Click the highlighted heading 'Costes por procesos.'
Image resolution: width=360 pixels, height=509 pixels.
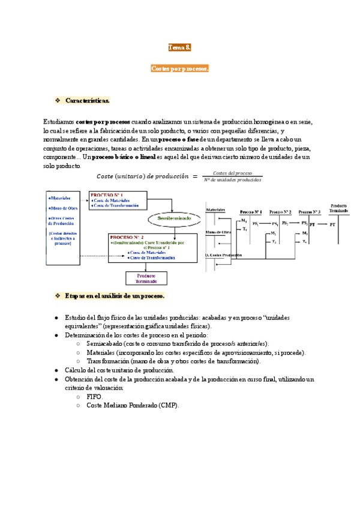click(179, 70)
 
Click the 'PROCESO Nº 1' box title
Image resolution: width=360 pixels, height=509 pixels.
click(107, 196)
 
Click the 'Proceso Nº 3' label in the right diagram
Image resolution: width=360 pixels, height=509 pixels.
click(310, 212)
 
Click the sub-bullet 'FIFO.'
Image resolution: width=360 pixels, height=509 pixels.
click(95, 380)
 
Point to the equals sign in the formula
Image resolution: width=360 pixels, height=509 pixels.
click(194, 176)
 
